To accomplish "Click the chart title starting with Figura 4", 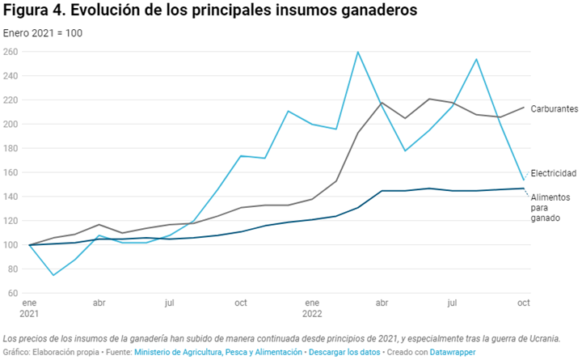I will coord(210,11).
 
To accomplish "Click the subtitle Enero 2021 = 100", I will coord(43,33).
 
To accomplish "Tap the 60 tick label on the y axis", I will coord(12,293).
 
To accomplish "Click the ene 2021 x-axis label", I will coord(30,307).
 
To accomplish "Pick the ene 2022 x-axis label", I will coord(311,307).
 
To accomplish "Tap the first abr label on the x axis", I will coord(99,303).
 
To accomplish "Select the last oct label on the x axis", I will coord(523,303).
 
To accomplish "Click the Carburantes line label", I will coord(554,108).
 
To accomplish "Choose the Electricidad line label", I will coord(554,174).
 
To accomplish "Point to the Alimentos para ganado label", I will coord(550,209).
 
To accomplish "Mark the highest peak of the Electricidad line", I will coord(358,53).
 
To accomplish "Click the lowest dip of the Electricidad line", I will coord(53,275).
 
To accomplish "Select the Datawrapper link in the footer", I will coord(453,352).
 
